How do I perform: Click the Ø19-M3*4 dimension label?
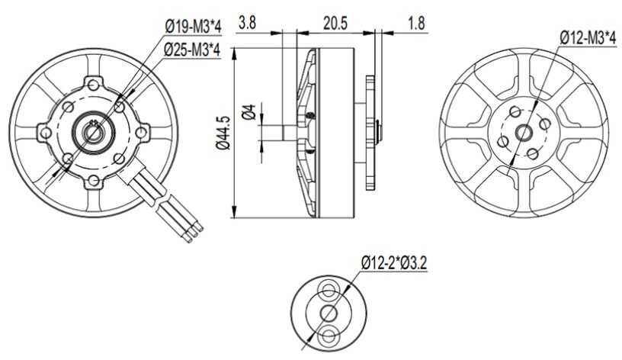tap(193, 27)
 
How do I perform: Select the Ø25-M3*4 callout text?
tap(193, 50)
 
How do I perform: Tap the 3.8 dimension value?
tap(247, 23)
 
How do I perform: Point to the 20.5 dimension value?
tap(335, 23)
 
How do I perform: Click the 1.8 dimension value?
tap(416, 23)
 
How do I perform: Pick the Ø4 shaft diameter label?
tap(248, 112)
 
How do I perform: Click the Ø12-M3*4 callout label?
tap(588, 38)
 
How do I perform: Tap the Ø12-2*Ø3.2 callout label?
tap(394, 264)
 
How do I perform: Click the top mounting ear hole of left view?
tap(94, 85)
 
